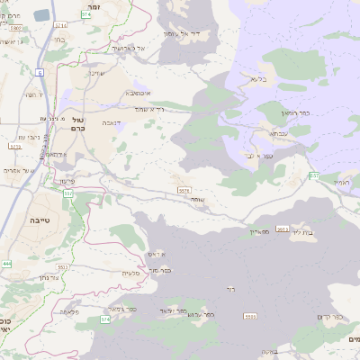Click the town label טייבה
coord(39,220)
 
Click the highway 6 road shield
coord(39,71)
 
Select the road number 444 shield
coord(7,263)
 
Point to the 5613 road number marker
coord(283,229)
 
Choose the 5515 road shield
coord(184,190)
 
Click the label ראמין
coord(340,183)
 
